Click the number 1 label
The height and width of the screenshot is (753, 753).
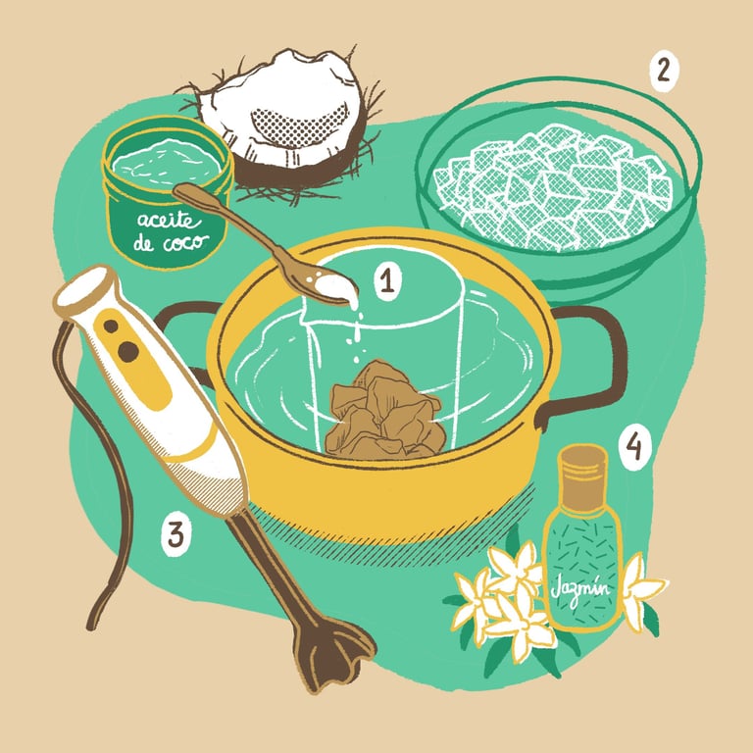[x=386, y=282]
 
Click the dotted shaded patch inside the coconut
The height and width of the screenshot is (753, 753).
[x=299, y=125]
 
